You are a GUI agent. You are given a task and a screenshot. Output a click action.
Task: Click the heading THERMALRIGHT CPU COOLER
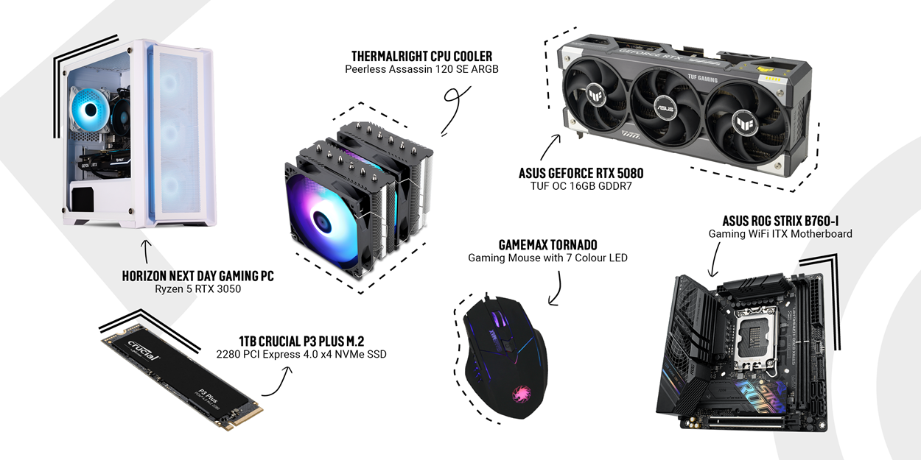[x=421, y=56]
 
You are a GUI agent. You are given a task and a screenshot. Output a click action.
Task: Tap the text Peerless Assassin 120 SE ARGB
[x=421, y=69]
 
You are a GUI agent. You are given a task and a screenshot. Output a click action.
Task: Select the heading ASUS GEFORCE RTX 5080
[x=581, y=173]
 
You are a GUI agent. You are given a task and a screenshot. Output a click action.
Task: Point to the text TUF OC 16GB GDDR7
[x=581, y=186]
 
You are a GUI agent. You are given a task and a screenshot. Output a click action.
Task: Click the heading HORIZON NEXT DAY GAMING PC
[x=197, y=275]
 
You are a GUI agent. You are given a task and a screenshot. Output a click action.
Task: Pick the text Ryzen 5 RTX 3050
[x=197, y=289]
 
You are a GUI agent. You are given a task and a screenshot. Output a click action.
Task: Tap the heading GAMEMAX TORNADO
[x=547, y=245]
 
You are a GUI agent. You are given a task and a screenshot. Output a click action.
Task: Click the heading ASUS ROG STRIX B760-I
[x=780, y=221]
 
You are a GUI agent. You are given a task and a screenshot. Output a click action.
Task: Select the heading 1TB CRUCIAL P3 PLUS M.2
[x=301, y=342]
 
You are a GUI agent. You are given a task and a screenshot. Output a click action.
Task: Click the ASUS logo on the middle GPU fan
[x=665, y=108]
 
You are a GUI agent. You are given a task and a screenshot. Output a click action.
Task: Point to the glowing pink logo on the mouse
[x=521, y=394]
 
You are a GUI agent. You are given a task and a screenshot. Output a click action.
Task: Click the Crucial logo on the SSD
[x=143, y=350]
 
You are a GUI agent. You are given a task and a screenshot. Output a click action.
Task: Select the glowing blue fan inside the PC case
[x=90, y=110]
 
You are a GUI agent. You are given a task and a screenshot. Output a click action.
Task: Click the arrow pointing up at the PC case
[x=146, y=252]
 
